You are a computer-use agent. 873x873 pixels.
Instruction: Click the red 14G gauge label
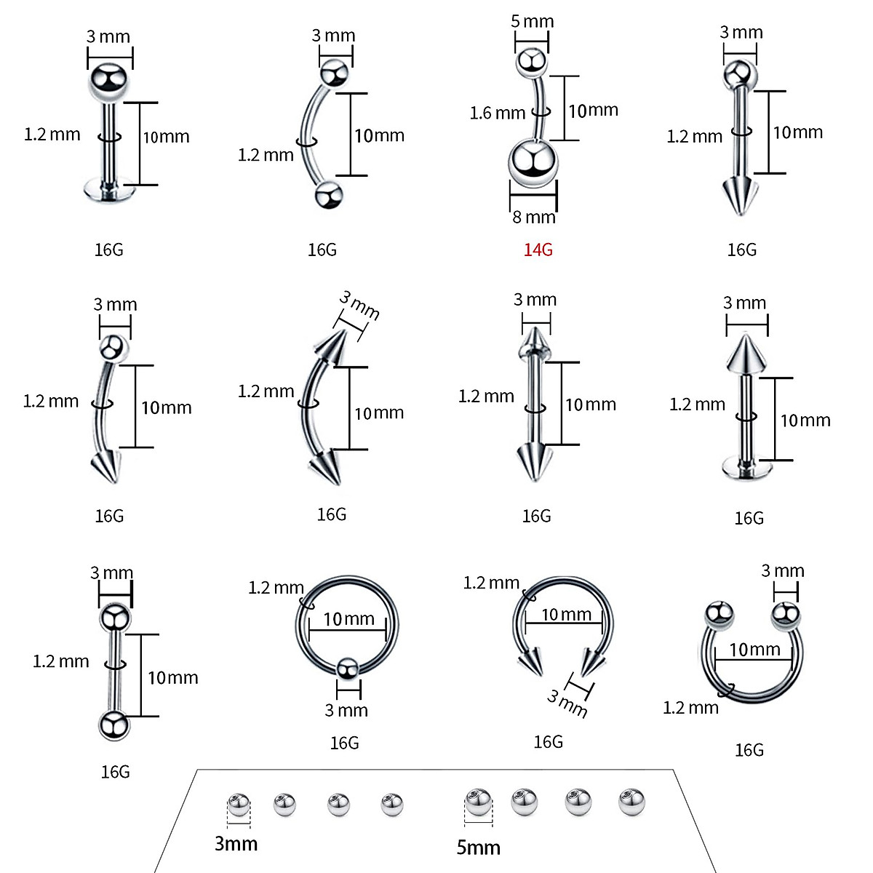(538, 250)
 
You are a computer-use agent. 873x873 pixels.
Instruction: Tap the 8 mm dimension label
(533, 217)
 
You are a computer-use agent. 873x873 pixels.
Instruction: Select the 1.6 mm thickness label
(497, 113)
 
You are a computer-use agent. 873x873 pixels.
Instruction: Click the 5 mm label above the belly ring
(532, 21)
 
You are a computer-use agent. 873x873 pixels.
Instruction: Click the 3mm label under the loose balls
(236, 843)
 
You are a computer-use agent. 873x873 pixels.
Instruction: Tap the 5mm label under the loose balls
(478, 847)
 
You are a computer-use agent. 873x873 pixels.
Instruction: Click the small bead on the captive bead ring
(347, 667)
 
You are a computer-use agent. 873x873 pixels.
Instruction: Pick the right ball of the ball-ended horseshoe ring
(785, 615)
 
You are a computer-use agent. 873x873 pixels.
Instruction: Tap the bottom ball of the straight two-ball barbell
(113, 726)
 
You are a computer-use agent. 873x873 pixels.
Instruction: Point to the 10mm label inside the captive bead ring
(349, 619)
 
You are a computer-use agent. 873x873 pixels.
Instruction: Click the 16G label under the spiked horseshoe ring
(548, 741)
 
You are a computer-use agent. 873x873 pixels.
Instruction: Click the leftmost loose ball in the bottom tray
(238, 805)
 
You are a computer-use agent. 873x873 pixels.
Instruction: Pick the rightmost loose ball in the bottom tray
(631, 802)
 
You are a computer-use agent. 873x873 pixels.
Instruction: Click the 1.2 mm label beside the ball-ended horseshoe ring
(690, 707)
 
